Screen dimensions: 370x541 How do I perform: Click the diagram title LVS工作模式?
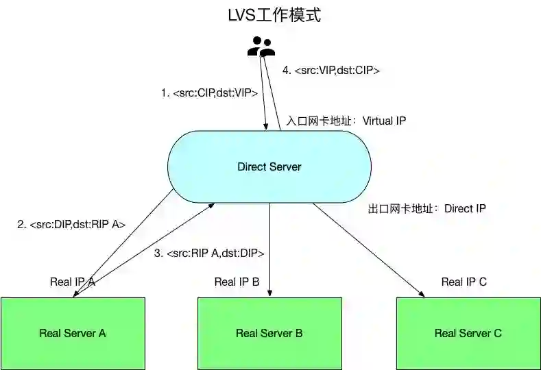point(274,15)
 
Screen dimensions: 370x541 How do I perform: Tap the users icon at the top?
point(261,47)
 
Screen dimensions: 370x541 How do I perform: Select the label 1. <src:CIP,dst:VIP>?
point(210,92)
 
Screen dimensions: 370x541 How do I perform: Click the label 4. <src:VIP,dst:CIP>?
point(331,70)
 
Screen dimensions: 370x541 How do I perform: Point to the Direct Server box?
point(269,166)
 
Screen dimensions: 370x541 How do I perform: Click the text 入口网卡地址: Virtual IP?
point(346,121)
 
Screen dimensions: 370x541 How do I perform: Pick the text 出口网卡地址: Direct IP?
point(427,208)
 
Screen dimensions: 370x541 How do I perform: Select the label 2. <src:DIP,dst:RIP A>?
point(71,224)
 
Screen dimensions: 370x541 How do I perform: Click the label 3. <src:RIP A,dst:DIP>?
point(209,254)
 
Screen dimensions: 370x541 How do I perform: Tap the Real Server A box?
point(73,333)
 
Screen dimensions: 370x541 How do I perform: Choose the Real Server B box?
point(269,333)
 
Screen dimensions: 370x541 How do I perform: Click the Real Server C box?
point(468,333)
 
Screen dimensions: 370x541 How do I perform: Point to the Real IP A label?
point(72,282)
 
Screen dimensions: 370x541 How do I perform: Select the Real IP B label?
point(237,282)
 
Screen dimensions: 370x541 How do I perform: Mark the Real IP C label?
point(464,282)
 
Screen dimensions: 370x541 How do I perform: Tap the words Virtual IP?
point(385,121)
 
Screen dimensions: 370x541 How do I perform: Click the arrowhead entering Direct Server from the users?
point(265,125)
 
